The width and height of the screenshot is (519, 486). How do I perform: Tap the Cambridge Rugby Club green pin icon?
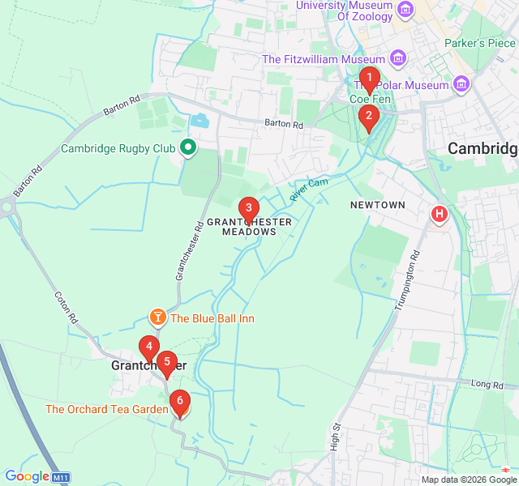(188, 147)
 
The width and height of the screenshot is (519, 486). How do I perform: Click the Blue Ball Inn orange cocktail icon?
(157, 318)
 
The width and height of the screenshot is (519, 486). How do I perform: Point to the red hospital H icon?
(439, 214)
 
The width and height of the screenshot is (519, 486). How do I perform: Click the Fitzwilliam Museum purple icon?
(397, 58)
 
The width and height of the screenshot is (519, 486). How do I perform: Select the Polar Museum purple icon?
(461, 84)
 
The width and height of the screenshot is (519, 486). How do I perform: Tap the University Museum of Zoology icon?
(405, 11)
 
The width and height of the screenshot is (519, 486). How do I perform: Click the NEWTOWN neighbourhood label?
(377, 205)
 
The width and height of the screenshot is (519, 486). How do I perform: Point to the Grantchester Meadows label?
(249, 226)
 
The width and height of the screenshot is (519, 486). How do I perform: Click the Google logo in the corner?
(27, 477)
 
